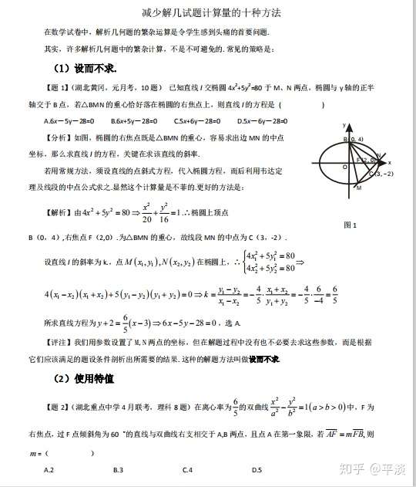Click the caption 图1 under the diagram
(x=350, y=225)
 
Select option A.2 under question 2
(x=49, y=470)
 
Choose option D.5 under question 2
(x=257, y=470)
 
